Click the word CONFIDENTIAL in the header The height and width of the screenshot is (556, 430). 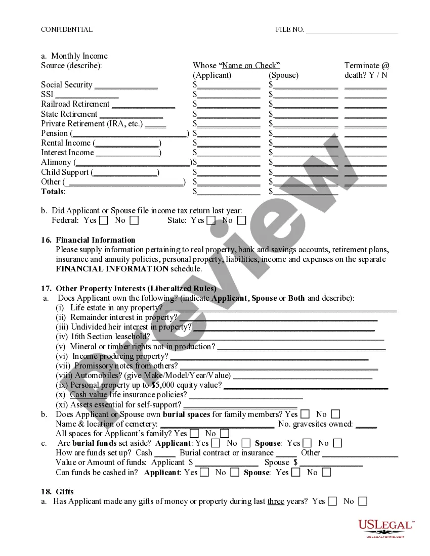(x=67, y=30)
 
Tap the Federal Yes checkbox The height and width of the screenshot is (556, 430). (x=104, y=220)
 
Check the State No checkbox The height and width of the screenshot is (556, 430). (x=242, y=220)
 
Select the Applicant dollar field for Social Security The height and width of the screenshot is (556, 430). (x=229, y=85)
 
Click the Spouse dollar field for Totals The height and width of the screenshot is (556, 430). (x=306, y=192)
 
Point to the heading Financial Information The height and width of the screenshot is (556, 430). (x=96, y=240)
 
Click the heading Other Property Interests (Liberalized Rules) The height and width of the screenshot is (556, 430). (x=136, y=289)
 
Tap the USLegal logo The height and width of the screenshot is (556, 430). (x=385, y=528)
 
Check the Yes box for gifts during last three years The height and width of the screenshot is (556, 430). (x=332, y=501)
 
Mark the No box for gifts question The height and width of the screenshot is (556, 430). (x=363, y=501)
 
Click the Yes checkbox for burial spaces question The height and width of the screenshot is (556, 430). (x=305, y=414)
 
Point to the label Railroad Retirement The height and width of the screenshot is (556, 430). (x=75, y=104)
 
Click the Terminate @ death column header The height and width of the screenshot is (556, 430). (x=367, y=70)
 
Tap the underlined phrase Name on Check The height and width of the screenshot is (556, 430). (x=250, y=65)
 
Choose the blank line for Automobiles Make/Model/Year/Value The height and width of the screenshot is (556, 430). (x=303, y=376)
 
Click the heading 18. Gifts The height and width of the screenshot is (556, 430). (x=57, y=492)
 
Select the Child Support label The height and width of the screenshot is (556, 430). (x=65, y=172)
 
